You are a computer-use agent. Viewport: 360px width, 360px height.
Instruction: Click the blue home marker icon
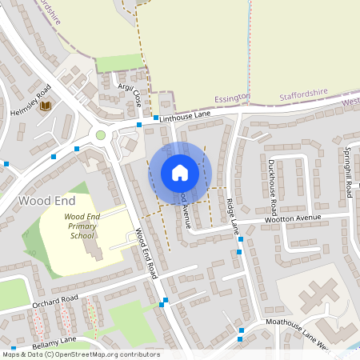coord(180,173)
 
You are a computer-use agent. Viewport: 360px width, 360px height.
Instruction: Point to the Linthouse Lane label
coord(186,118)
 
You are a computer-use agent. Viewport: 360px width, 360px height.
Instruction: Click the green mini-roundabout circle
coord(101,134)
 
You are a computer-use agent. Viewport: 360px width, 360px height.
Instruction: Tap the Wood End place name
coord(36,200)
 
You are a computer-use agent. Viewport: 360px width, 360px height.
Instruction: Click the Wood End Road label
coord(145,252)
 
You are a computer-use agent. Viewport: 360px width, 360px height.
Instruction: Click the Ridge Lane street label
coord(232,216)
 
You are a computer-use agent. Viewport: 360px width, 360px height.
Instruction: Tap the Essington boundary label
coord(233,98)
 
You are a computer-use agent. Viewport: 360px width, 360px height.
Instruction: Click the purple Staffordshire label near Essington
coord(305,95)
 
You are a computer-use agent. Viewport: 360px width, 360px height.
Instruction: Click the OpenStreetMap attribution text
coord(80,354)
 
